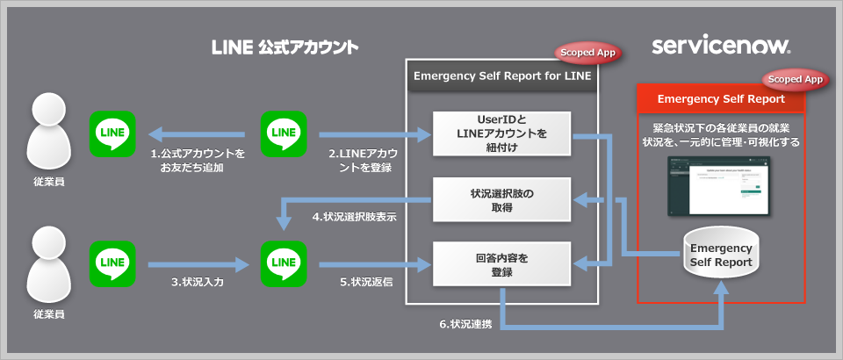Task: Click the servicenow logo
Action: [x=721, y=46]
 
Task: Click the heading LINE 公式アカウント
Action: [x=286, y=46]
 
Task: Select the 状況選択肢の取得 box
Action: [x=501, y=199]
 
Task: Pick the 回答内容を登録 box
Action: [x=501, y=265]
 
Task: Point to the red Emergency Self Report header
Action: [x=721, y=97]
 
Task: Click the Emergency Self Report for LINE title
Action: [x=502, y=76]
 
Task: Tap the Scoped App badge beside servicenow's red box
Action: [x=796, y=79]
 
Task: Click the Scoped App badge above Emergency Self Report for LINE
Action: [x=587, y=53]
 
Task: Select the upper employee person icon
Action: [x=49, y=133]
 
